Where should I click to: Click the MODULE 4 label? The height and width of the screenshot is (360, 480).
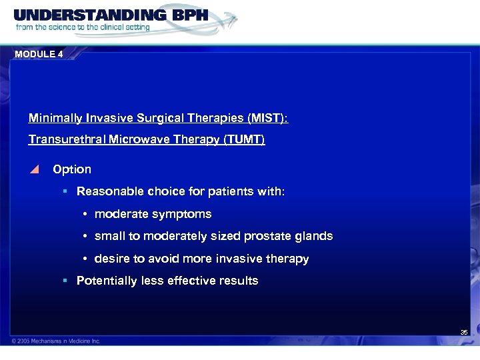[x=39, y=54]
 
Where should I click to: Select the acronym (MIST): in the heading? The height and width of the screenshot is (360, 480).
[x=267, y=118]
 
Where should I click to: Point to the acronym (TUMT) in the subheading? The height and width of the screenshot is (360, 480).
[x=245, y=139]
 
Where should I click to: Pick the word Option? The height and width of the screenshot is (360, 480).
[x=72, y=169]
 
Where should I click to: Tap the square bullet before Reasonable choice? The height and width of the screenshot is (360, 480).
[x=65, y=191]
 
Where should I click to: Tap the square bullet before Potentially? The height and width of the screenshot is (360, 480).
[x=65, y=281]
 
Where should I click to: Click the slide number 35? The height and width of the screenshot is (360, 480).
[x=464, y=332]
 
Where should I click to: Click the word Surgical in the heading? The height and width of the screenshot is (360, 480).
[x=162, y=118]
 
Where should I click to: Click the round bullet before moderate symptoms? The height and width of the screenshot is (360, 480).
[x=86, y=215]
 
